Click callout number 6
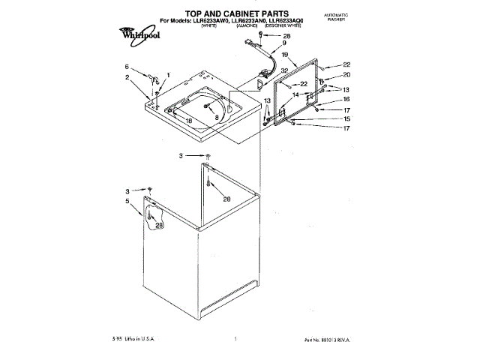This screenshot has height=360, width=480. [x=127, y=67]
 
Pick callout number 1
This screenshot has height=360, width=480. [x=168, y=74]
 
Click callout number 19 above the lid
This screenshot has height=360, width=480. [x=285, y=55]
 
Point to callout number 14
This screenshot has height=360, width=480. [x=296, y=95]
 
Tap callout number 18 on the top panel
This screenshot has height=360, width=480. [x=189, y=120]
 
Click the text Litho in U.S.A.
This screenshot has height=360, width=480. [x=142, y=338]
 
